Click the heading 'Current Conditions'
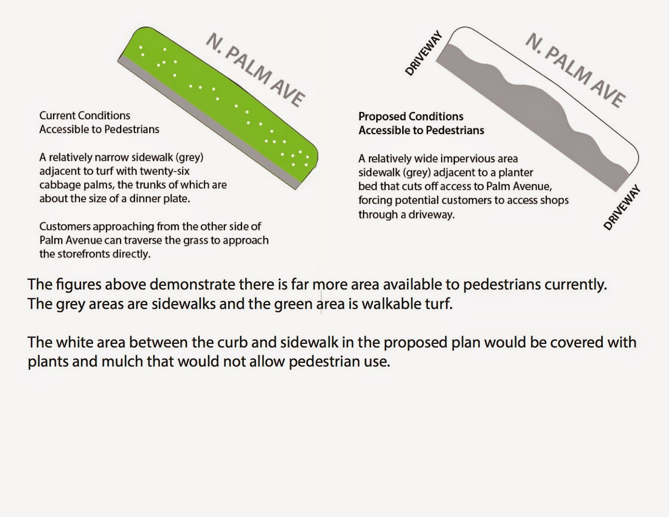(x=84, y=115)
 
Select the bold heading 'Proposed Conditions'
(x=411, y=116)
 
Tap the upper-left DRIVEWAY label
(x=424, y=53)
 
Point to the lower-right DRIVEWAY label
(x=622, y=207)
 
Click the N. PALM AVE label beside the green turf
(x=255, y=70)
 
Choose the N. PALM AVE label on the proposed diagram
(x=575, y=70)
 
